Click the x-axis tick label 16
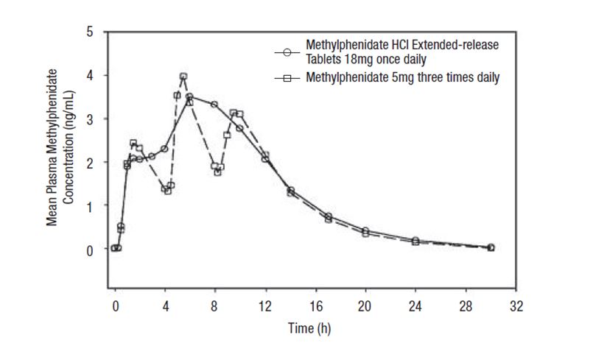(315, 306)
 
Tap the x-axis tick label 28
(466, 306)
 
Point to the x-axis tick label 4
(165, 306)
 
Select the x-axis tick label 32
(516, 306)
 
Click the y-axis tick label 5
(91, 32)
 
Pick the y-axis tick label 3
(91, 119)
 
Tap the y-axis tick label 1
(91, 206)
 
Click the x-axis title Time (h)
(309, 329)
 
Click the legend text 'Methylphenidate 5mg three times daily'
(403, 77)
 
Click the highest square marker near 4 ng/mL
(183, 77)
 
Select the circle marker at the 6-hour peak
(189, 96)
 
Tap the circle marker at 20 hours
(365, 231)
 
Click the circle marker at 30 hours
(491, 247)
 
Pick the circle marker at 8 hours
(214, 105)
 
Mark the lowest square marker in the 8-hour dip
(217, 172)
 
